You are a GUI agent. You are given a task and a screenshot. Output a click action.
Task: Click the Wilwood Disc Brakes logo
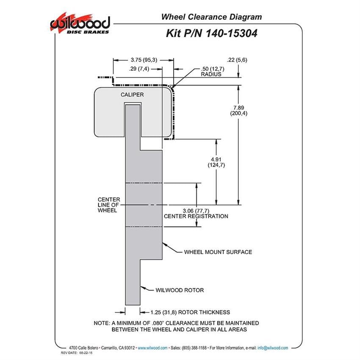point(80,24)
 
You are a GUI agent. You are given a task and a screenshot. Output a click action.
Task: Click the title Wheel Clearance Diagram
point(211,17)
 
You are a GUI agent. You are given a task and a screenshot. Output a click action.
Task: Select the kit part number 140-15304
point(231,33)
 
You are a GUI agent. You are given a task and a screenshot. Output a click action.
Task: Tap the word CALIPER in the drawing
point(132,94)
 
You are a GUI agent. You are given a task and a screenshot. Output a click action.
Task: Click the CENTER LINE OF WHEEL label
point(109,205)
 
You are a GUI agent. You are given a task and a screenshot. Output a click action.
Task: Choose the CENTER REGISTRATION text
point(196,216)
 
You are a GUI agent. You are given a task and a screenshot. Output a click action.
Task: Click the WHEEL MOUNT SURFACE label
point(218,252)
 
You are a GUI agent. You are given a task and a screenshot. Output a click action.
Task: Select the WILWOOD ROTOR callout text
point(180,290)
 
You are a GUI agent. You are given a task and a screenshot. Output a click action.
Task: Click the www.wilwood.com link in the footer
point(152,348)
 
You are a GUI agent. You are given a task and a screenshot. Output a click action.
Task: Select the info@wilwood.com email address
point(273,348)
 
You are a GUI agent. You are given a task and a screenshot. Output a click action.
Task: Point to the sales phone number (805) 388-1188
point(194,348)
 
